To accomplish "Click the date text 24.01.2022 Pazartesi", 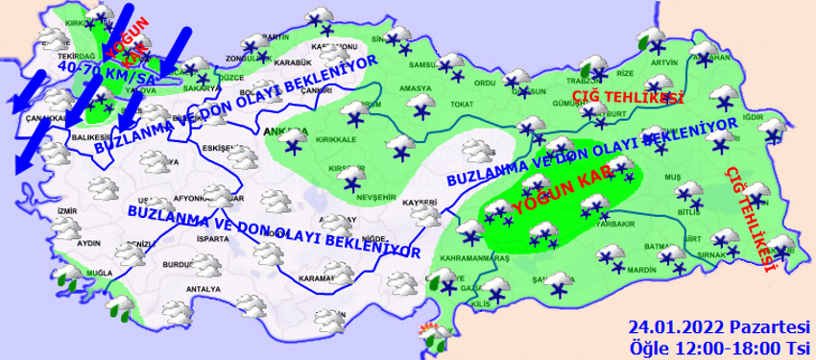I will (x=717, y=326).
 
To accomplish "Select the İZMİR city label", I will (x=65, y=210).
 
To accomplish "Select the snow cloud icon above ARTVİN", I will (x=656, y=38).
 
